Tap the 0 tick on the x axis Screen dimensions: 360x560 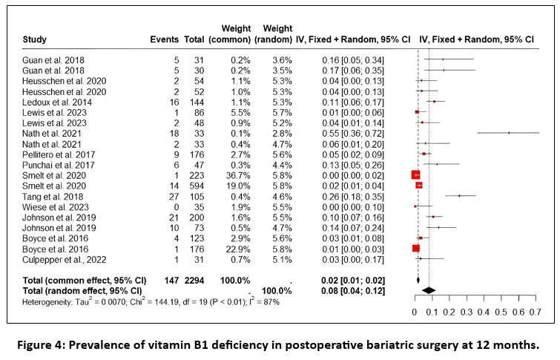414,314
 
